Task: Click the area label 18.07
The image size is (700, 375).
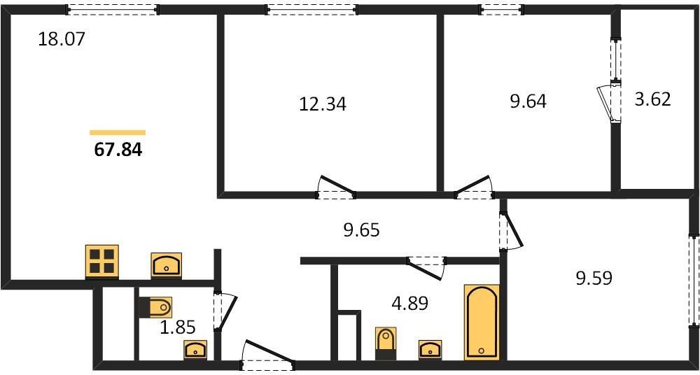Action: pos(61,39)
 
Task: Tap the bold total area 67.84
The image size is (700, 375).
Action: pos(118,150)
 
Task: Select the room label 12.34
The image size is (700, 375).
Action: pos(322,104)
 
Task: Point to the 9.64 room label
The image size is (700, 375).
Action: pos(528,101)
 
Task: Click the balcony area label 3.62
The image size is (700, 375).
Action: pos(652,99)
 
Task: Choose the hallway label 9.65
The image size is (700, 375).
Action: pos(361,230)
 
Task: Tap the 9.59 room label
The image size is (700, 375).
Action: pos(594,278)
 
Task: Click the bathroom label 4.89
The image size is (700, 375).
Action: pos(409,304)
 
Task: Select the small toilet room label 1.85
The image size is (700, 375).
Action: pos(178,328)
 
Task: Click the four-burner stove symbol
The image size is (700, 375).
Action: pos(102,262)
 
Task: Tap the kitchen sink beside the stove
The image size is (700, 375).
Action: pos(167,265)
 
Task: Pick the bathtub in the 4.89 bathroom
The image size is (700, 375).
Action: pos(482,321)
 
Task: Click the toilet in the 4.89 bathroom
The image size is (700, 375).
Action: pos(386,344)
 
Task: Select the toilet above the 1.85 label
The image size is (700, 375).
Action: pos(155,308)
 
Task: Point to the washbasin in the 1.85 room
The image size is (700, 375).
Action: pos(195,350)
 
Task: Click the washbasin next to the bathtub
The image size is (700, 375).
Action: pos(430,349)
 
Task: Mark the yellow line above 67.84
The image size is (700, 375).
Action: pos(118,132)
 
